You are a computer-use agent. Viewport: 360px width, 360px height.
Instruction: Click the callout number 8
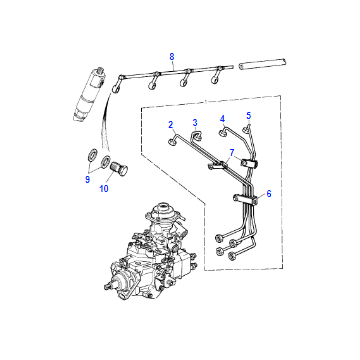pyautogui.click(x=172, y=57)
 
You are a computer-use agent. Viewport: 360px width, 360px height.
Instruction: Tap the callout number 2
pyautogui.click(x=171, y=125)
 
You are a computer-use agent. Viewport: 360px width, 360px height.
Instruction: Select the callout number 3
pyautogui.click(x=195, y=123)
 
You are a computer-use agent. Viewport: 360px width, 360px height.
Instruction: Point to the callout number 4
pyautogui.click(x=222, y=119)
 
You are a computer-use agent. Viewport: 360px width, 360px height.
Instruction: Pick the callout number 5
pyautogui.click(x=249, y=116)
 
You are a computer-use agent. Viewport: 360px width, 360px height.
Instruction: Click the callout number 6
pyautogui.click(x=269, y=194)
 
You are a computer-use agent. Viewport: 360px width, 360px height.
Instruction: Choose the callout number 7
pyautogui.click(x=231, y=153)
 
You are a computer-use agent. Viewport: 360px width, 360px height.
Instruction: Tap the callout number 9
pyautogui.click(x=87, y=180)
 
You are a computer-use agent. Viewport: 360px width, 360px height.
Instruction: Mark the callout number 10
pyautogui.click(x=104, y=189)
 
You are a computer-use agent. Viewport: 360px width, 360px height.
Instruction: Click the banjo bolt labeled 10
pyautogui.click(x=118, y=169)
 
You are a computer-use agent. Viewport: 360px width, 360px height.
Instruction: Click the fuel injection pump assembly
pyautogui.click(x=152, y=252)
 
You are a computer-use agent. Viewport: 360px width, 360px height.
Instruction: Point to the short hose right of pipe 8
pyautogui.click(x=263, y=64)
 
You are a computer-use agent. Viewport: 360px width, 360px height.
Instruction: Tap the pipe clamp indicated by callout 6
pyautogui.click(x=246, y=198)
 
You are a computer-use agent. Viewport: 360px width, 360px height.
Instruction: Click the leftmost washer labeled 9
pyautogui.click(x=93, y=155)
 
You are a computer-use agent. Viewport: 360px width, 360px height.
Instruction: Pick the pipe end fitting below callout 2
pyautogui.click(x=171, y=142)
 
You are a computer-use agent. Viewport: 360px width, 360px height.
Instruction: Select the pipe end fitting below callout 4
pyautogui.click(x=222, y=134)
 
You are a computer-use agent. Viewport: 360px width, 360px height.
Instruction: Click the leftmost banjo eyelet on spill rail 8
pyautogui.click(x=116, y=88)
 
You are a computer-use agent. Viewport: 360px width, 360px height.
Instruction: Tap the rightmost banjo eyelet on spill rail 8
pyautogui.click(x=216, y=79)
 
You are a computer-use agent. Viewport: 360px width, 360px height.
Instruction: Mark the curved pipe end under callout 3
pyautogui.click(x=196, y=135)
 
